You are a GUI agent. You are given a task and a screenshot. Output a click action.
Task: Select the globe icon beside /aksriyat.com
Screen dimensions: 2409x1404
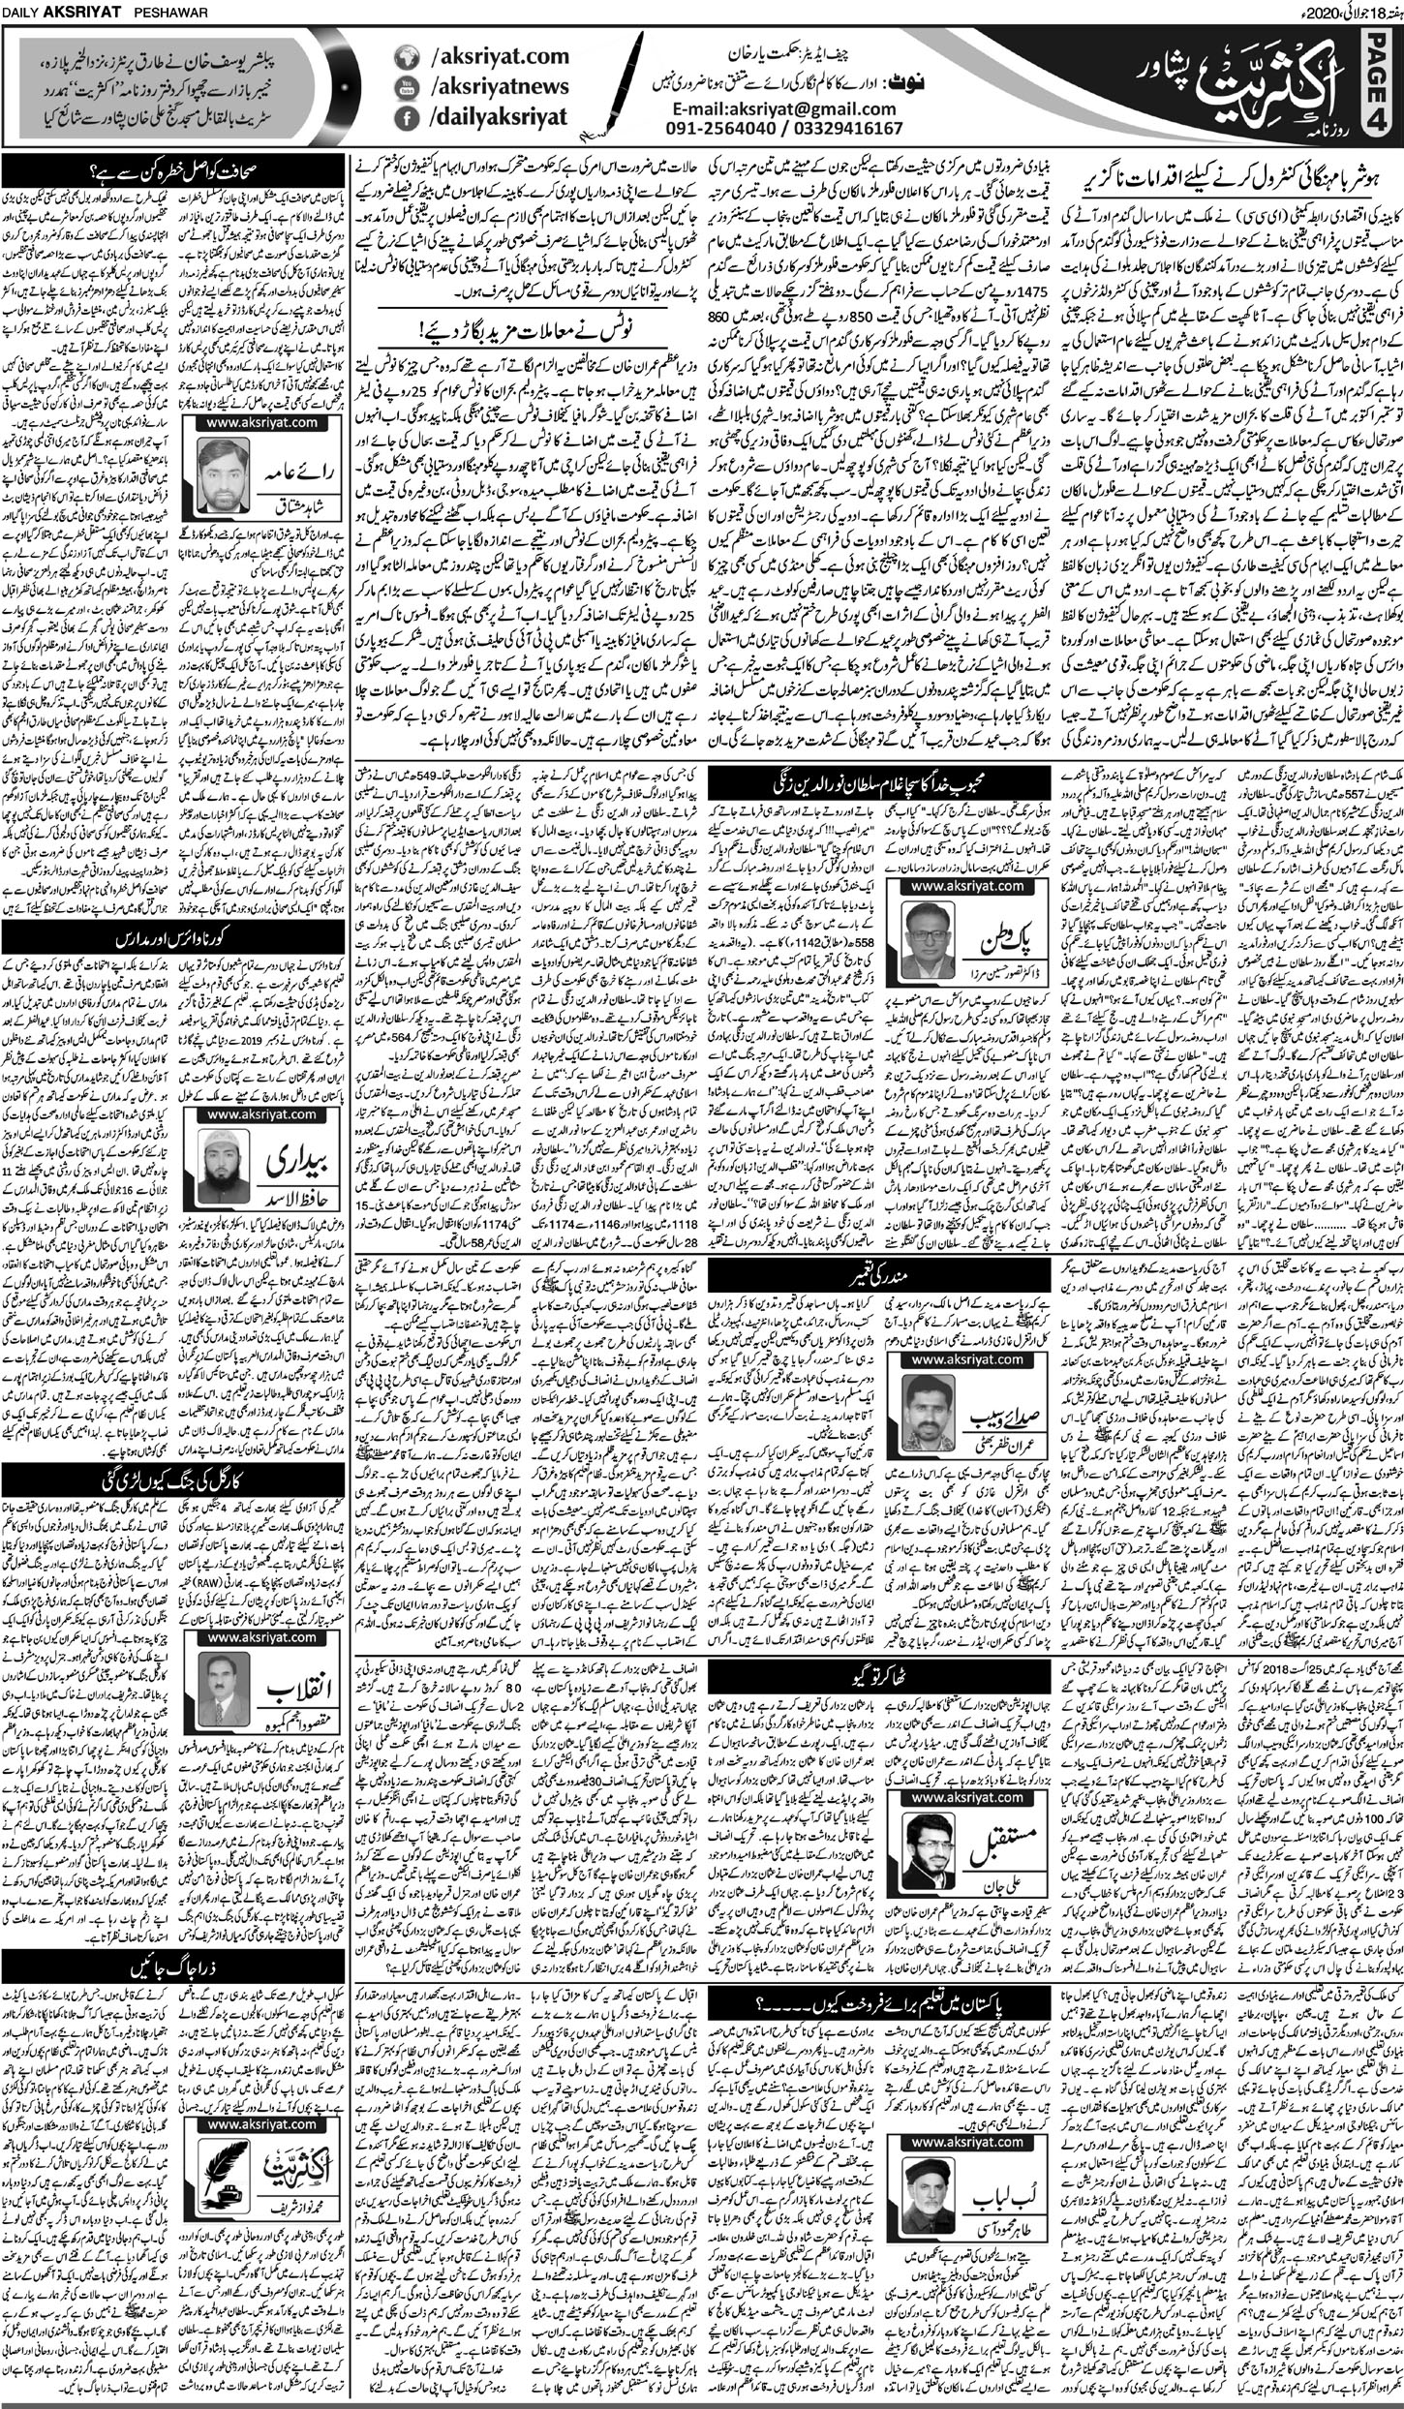click(x=409, y=57)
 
